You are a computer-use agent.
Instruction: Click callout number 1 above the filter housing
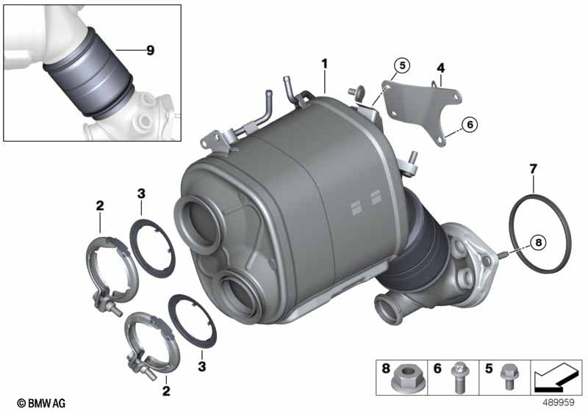324,64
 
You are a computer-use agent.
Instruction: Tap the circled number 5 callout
402,66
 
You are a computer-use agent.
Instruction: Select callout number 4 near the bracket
440,68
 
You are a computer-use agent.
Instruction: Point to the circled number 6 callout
470,124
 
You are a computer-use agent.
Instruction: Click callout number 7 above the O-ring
533,170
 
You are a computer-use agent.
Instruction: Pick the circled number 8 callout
539,243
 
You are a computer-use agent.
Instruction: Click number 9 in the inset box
151,50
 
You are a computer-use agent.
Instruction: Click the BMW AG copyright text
41,403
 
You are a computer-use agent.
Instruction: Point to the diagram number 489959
559,402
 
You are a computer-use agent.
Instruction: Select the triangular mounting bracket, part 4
421,109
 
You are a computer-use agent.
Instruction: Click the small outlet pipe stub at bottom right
387,308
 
